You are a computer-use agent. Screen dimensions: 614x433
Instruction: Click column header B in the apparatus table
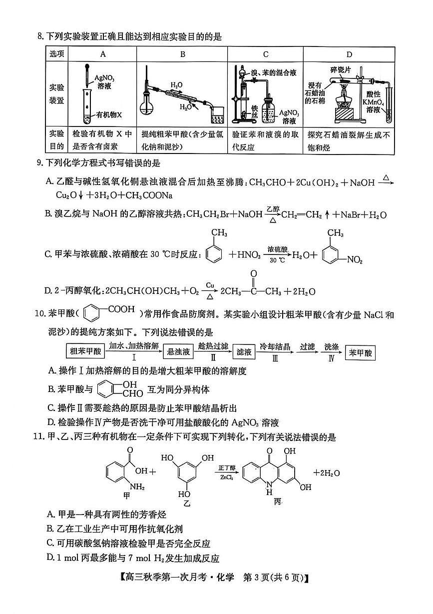tap(183, 54)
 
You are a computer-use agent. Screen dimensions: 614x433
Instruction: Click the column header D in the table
tap(349, 54)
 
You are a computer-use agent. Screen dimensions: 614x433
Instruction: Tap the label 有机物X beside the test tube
tap(109, 114)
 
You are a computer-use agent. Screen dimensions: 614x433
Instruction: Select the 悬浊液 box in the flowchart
tap(177, 352)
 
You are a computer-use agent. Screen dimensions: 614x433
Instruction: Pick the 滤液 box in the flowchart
tap(245, 352)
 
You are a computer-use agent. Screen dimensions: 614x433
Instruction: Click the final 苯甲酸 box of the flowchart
tap(361, 352)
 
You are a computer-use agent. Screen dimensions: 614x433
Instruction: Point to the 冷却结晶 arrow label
tap(275, 346)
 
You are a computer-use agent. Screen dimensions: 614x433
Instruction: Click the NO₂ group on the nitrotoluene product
tap(355, 259)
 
